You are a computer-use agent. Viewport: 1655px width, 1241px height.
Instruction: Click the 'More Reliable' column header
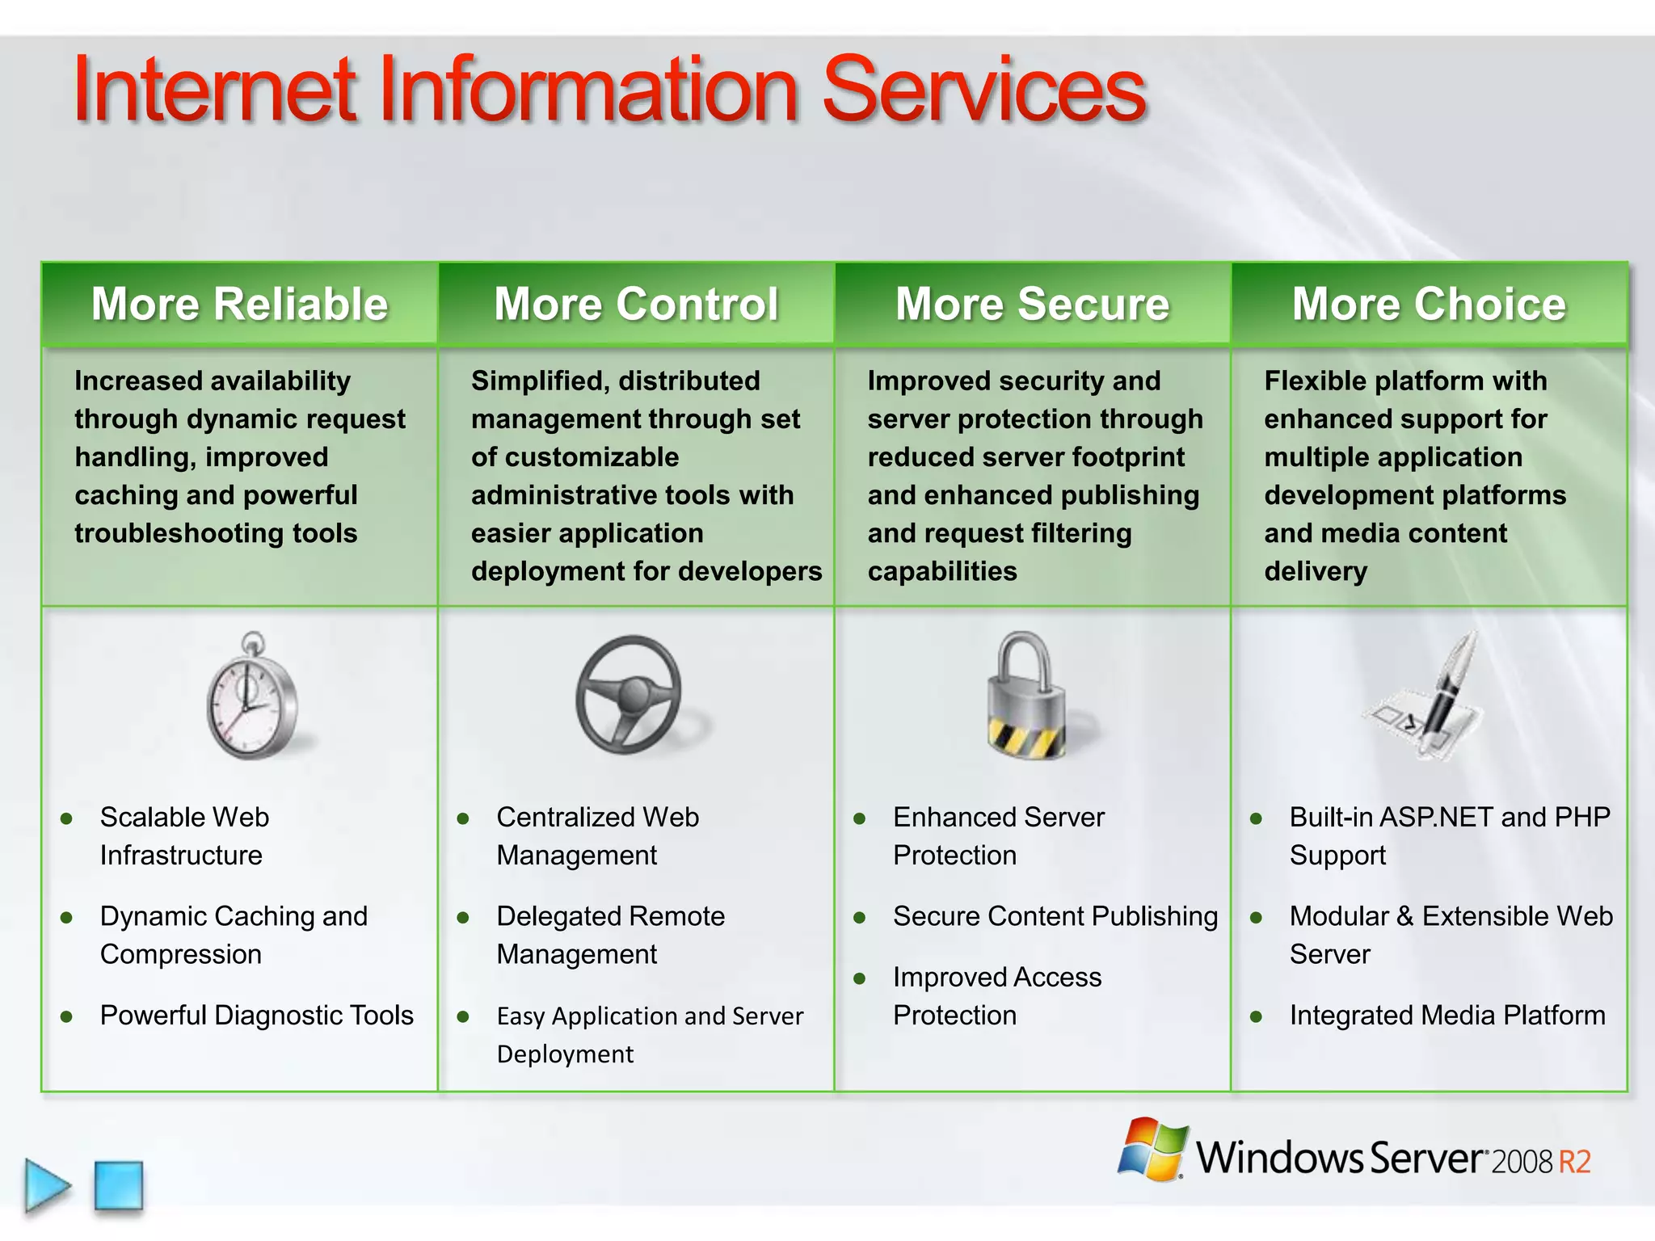point(240,305)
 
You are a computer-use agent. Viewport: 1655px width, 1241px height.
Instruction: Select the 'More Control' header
point(636,305)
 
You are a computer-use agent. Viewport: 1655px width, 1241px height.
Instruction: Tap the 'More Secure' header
point(1032,305)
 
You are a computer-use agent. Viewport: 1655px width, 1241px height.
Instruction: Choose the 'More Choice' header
point(1429,305)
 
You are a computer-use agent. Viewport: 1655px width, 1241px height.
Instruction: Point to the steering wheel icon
point(630,695)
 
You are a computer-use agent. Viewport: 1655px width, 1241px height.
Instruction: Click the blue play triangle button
point(47,1185)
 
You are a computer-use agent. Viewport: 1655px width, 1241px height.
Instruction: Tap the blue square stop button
point(119,1185)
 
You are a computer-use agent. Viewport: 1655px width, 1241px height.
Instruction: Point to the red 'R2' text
point(1573,1162)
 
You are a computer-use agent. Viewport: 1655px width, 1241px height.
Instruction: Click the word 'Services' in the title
point(983,90)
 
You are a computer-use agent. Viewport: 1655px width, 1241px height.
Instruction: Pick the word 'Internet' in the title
point(215,90)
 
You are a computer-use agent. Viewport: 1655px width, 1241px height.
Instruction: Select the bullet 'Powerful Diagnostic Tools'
point(256,1016)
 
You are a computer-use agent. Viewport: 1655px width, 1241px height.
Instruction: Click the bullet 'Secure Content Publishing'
point(1055,916)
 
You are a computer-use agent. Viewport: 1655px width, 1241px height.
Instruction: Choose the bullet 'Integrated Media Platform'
point(1447,1016)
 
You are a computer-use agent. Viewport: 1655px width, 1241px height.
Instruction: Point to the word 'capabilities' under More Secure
point(942,571)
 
